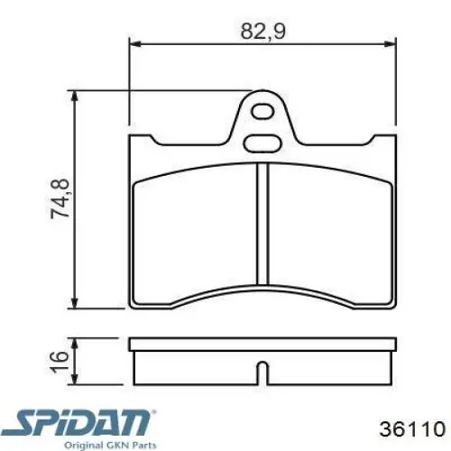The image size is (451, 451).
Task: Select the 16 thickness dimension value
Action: [60, 358]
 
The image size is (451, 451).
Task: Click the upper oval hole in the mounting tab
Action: [264, 113]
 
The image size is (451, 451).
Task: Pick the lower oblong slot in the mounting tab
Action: [263, 141]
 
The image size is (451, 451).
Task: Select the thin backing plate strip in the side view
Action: [263, 345]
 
